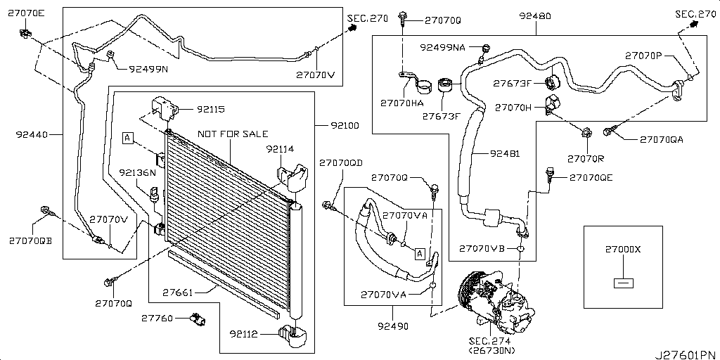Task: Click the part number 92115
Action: click(x=211, y=109)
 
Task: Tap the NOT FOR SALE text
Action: click(x=231, y=134)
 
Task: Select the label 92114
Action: click(x=280, y=149)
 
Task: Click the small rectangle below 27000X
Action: click(x=623, y=283)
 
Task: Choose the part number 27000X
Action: click(x=623, y=250)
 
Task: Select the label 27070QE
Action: click(x=591, y=178)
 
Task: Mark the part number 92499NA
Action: click(x=443, y=47)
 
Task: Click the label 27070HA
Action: click(x=401, y=103)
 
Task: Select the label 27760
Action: click(x=157, y=319)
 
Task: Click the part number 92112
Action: click(x=243, y=334)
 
